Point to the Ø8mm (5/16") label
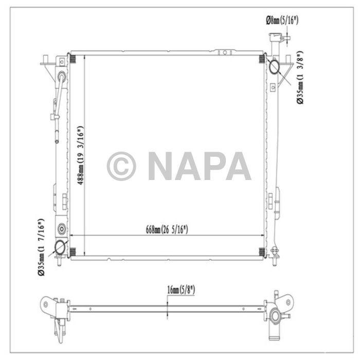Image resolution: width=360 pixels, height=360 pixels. [x=282, y=20]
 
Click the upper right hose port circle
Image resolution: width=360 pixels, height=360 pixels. [x=273, y=66]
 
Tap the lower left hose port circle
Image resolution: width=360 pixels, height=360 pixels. [x=60, y=247]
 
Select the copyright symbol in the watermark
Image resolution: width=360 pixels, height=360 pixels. [x=121, y=166]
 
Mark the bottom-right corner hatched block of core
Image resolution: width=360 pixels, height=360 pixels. [x=262, y=251]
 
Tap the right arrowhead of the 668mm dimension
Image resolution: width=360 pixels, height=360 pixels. [x=262, y=236]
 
